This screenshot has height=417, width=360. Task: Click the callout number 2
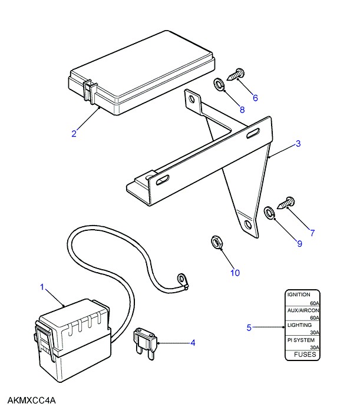coord(74,133)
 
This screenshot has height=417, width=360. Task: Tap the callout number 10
coord(235,273)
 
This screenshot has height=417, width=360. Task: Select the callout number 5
coord(249,327)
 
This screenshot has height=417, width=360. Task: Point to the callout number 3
coord(298,144)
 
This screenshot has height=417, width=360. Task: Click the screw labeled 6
coord(236,74)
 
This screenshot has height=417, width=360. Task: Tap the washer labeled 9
coord(269,213)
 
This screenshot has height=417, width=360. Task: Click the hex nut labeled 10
coord(216,242)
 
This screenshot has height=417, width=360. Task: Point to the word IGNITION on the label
coord(299,294)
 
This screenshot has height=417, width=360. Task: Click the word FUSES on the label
coord(305,355)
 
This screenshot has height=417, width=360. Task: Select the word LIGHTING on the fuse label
coord(299,325)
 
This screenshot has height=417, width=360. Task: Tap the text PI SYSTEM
coord(300,340)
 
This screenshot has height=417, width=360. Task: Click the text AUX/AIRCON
coord(303,310)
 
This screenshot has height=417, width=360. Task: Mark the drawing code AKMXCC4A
coord(31,401)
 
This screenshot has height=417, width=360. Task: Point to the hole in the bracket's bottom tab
coord(248,225)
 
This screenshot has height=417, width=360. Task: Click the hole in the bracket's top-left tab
coord(191,100)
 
